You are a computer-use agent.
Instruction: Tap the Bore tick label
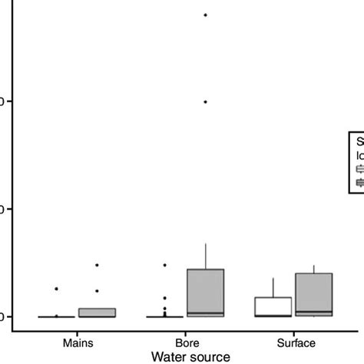click(185, 342)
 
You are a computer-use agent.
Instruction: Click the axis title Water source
click(190, 356)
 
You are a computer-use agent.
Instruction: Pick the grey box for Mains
click(97, 313)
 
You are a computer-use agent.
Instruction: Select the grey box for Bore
click(205, 292)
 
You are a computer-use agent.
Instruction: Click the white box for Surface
click(273, 306)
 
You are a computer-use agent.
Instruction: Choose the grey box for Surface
click(314, 294)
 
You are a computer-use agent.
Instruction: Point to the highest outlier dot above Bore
click(205, 15)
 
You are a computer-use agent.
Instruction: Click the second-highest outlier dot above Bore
click(205, 102)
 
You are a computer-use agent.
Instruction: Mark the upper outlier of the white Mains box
click(56, 289)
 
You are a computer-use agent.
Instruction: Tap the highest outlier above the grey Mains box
click(97, 265)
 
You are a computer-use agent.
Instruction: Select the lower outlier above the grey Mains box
click(97, 291)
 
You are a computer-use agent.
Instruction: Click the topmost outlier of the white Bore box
click(164, 265)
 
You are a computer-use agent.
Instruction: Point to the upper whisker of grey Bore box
click(205, 256)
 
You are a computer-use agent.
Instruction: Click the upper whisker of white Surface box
click(273, 287)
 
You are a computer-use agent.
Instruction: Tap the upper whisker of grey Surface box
click(314, 269)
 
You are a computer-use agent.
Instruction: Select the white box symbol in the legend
click(359, 167)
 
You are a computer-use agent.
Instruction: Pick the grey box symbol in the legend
click(359, 182)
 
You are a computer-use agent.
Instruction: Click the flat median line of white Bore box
click(164, 316)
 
